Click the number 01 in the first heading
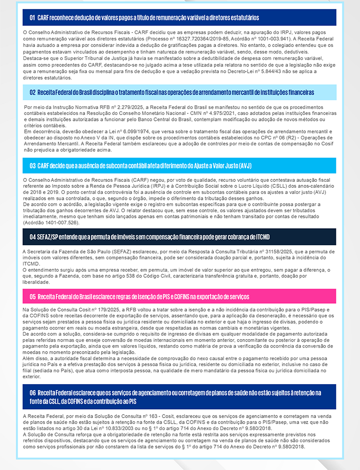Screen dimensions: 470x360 tap(32, 17)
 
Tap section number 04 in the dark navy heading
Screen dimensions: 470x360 tap(32, 237)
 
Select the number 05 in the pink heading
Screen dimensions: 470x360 tap(32, 297)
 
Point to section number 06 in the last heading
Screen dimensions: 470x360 tap(32, 392)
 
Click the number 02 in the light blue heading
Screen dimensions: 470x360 tap(32, 92)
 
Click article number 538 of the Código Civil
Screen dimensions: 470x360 tap(117, 276)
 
